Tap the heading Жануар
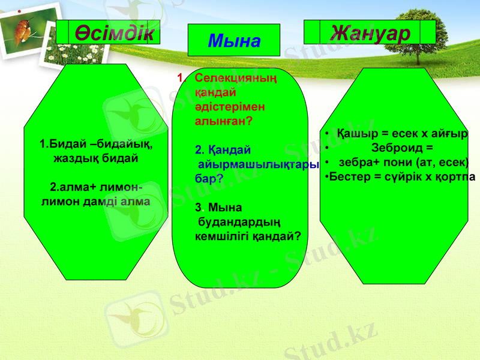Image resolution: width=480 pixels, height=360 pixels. coord(370,32)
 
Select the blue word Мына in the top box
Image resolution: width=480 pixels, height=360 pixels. coord(234,41)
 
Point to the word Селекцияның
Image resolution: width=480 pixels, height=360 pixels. coord(236,78)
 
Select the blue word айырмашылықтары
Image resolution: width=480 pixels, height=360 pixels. coord(258,164)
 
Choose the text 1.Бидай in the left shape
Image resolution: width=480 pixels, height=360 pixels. coord(59,145)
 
